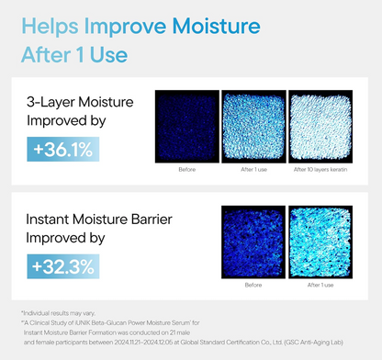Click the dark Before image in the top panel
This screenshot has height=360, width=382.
click(186, 127)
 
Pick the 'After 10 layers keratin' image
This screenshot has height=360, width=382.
click(320, 127)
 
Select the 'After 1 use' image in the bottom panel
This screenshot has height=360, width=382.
click(320, 243)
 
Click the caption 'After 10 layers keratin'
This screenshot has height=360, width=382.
click(320, 169)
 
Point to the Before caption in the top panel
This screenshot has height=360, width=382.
click(186, 169)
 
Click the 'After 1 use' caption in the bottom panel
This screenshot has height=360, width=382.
click(320, 286)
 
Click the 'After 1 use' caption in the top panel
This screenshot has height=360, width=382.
click(253, 169)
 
